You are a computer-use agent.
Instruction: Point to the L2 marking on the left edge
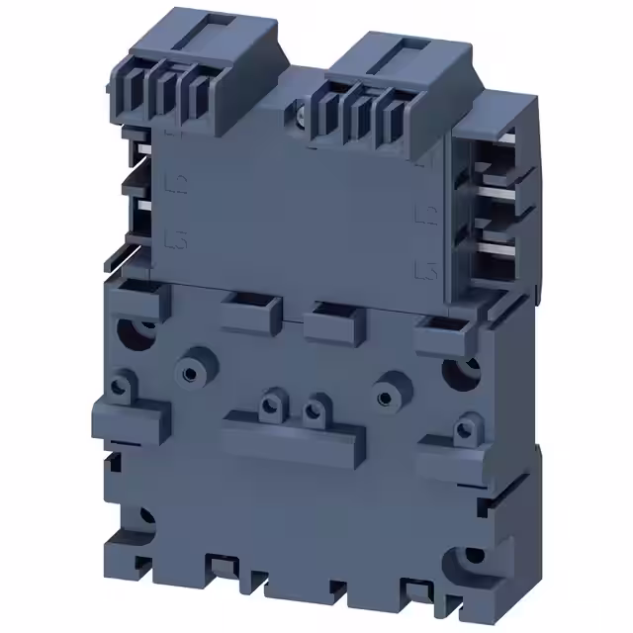pos(179,181)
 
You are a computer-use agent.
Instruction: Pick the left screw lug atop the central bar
pos(268,404)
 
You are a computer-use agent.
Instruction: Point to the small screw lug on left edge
pos(124,382)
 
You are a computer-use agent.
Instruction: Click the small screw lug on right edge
pos(463,428)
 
